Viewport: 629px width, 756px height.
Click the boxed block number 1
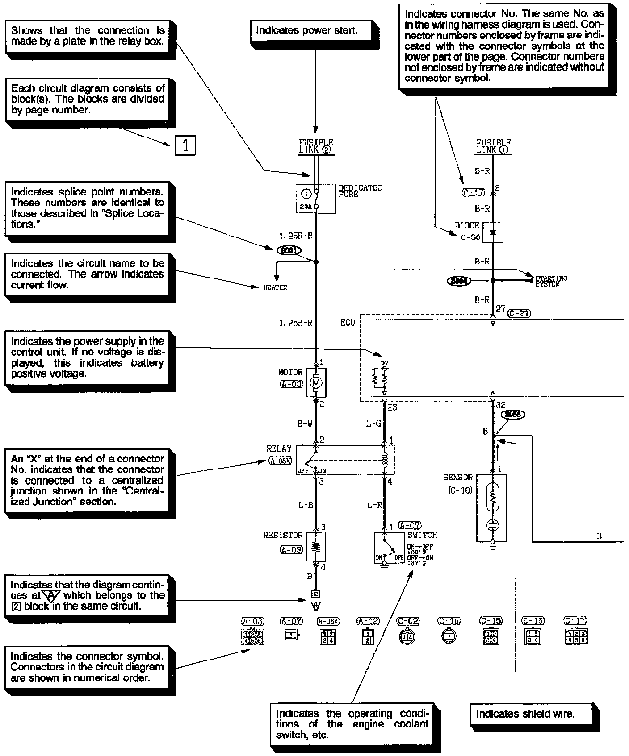[x=185, y=145]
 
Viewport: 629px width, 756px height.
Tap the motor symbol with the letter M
[x=316, y=382]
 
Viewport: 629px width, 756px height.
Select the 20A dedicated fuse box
[x=316, y=199]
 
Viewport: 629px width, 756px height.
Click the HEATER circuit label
[x=275, y=288]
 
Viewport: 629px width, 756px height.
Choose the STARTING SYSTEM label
[x=551, y=281]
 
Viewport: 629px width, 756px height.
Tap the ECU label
[x=348, y=323]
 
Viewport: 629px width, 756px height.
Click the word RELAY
[x=279, y=449]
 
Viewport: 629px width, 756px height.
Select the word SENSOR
[x=457, y=478]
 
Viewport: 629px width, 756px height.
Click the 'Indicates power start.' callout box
[x=307, y=31]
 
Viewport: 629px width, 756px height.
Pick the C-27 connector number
[x=519, y=313]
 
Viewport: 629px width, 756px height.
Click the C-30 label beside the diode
[x=470, y=237]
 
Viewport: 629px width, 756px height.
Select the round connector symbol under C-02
[x=407, y=637]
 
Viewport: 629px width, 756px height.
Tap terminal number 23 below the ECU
[x=392, y=407]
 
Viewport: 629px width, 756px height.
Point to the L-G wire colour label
[x=373, y=424]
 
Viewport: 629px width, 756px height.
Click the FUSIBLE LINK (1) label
[x=493, y=146]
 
